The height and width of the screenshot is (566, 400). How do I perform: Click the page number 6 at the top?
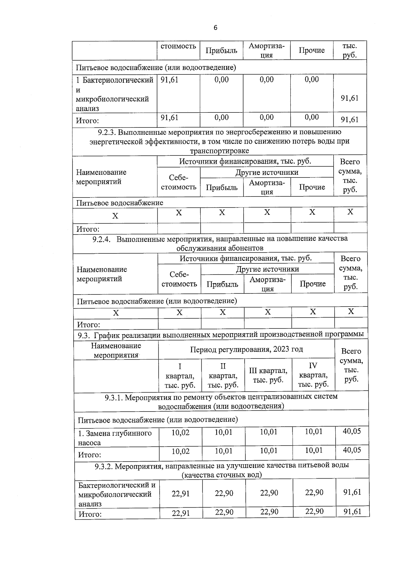pyautogui.click(x=215, y=28)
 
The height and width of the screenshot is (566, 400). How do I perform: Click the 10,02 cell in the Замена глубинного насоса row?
pyautogui.click(x=180, y=433)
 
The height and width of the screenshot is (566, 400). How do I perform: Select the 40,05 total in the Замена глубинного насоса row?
pyautogui.click(x=352, y=431)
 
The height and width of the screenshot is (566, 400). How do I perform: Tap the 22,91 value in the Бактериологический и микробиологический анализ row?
pyautogui.click(x=181, y=494)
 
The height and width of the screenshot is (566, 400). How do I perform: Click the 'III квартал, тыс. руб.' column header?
pyautogui.click(x=268, y=375)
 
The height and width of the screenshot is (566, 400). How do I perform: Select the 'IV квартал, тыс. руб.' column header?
pyautogui.click(x=313, y=375)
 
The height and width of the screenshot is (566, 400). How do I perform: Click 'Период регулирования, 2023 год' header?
pyautogui.click(x=246, y=349)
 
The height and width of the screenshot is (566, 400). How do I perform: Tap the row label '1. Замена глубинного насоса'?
pyautogui.click(x=115, y=438)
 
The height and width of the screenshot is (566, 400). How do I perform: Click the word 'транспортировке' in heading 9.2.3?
pyautogui.click(x=219, y=151)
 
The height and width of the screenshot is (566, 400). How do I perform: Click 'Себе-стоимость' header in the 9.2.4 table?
pyautogui.click(x=179, y=279)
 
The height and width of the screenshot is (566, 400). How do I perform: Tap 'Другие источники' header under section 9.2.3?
pyautogui.click(x=267, y=172)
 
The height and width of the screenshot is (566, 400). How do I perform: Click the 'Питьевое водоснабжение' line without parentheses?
pyautogui.click(x=120, y=203)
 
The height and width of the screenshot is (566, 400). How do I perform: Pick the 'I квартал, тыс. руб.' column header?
pyautogui.click(x=180, y=376)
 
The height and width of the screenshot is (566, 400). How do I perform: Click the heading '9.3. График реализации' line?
pyautogui.click(x=220, y=335)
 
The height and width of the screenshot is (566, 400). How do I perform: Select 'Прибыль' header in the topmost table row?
pyautogui.click(x=221, y=50)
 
